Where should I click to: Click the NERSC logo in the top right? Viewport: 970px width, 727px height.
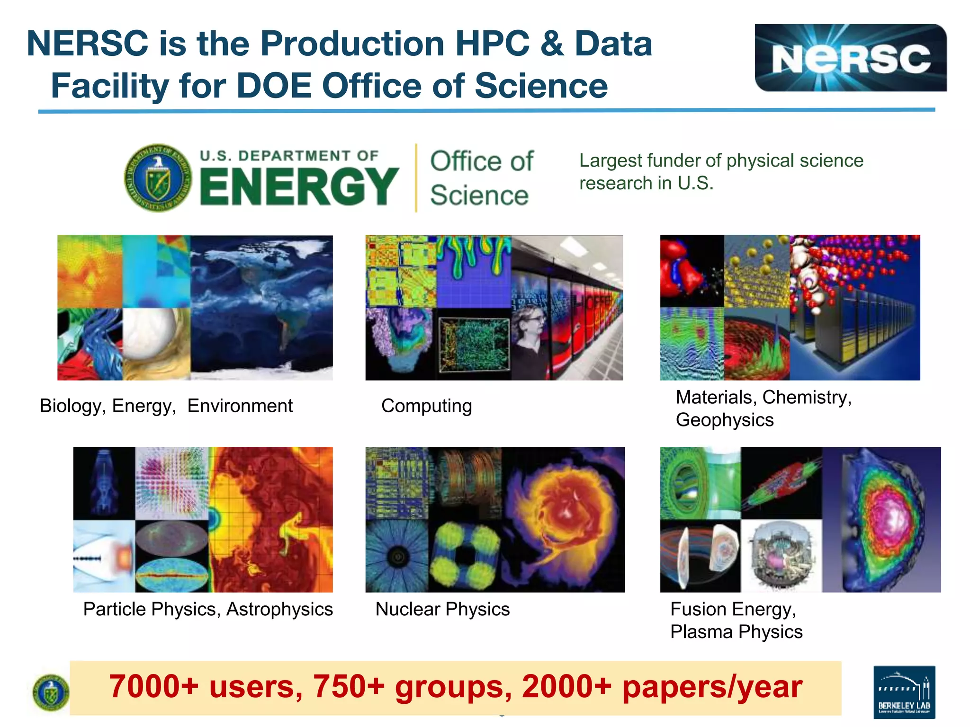(850, 58)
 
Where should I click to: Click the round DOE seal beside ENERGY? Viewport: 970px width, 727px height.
(158, 178)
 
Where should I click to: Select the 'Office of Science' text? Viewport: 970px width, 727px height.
(481, 178)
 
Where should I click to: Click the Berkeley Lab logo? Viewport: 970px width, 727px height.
(904, 692)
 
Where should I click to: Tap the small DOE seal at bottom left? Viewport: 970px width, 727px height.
(51, 692)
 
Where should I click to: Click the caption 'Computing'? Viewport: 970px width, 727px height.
(426, 406)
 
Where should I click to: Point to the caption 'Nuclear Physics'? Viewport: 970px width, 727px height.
(442, 609)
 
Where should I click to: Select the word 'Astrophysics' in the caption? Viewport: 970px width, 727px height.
(279, 609)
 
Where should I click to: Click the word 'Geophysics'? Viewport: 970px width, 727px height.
(724, 420)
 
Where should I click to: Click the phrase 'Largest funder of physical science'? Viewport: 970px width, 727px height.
(721, 160)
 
